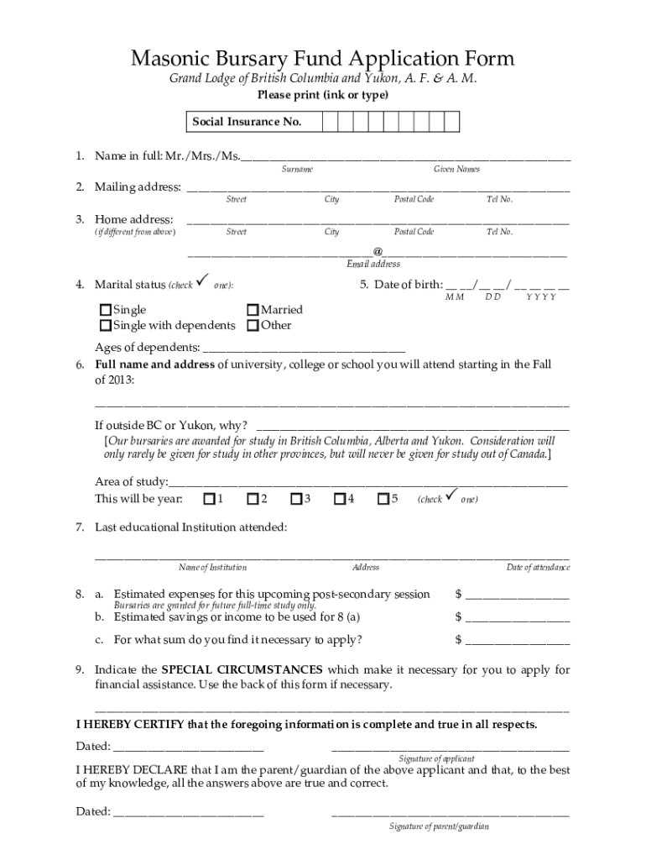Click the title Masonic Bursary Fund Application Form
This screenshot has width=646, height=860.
pyautogui.click(x=322, y=58)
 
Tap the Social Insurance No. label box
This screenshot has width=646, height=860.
pyautogui.click(x=247, y=122)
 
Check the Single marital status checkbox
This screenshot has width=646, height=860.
pyautogui.click(x=106, y=310)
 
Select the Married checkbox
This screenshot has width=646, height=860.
pyautogui.click(x=253, y=310)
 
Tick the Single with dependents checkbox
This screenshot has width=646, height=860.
pyautogui.click(x=106, y=325)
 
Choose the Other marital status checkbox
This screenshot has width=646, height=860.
pyautogui.click(x=253, y=325)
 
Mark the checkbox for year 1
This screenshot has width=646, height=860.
pyautogui.click(x=209, y=500)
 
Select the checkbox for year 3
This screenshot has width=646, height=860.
pyautogui.click(x=296, y=500)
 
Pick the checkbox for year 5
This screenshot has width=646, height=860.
pyautogui.click(x=383, y=500)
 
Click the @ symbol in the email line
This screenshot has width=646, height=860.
pyautogui.click(x=378, y=251)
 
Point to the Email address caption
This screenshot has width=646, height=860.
pyautogui.click(x=373, y=264)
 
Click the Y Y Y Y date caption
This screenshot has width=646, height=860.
pyautogui.click(x=541, y=297)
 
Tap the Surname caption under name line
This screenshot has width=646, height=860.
pyautogui.click(x=297, y=170)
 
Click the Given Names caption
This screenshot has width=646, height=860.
pyautogui.click(x=456, y=170)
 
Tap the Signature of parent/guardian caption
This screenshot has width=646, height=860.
pyautogui.click(x=438, y=826)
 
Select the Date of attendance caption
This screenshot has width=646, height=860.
pyautogui.click(x=538, y=568)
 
